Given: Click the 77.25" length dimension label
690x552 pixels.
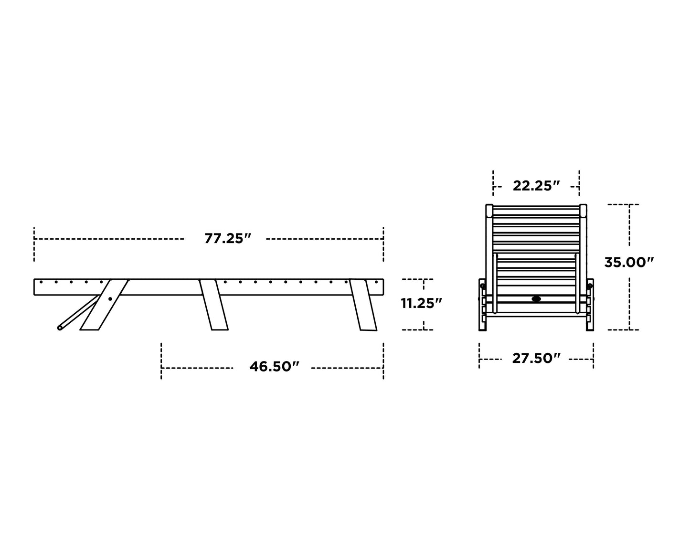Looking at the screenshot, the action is (x=228, y=239).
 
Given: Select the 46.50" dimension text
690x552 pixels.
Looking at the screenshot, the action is (x=274, y=367).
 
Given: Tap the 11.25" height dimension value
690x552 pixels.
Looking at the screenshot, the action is (x=421, y=303).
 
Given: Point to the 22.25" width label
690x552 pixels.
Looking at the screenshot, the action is (x=536, y=186).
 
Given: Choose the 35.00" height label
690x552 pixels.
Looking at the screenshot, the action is (x=629, y=262).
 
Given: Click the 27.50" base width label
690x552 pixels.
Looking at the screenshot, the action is (x=536, y=359).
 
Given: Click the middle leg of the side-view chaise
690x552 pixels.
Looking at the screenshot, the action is (x=213, y=305).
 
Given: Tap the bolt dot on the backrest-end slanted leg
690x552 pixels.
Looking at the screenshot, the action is (x=110, y=299).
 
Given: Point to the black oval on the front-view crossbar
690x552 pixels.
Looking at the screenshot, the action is (x=536, y=299).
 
